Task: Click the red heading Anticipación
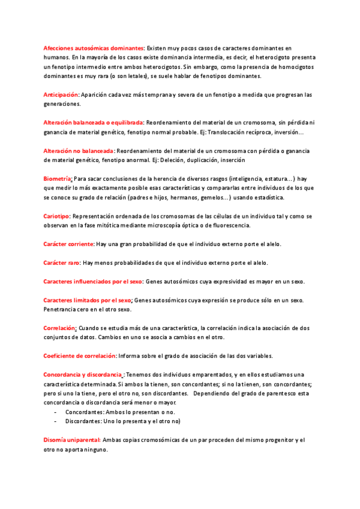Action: [x=61, y=95]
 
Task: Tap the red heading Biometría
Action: [x=58, y=179]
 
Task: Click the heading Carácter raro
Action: [x=62, y=263]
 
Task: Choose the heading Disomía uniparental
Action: [x=72, y=440]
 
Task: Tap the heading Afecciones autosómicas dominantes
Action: [x=94, y=47]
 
